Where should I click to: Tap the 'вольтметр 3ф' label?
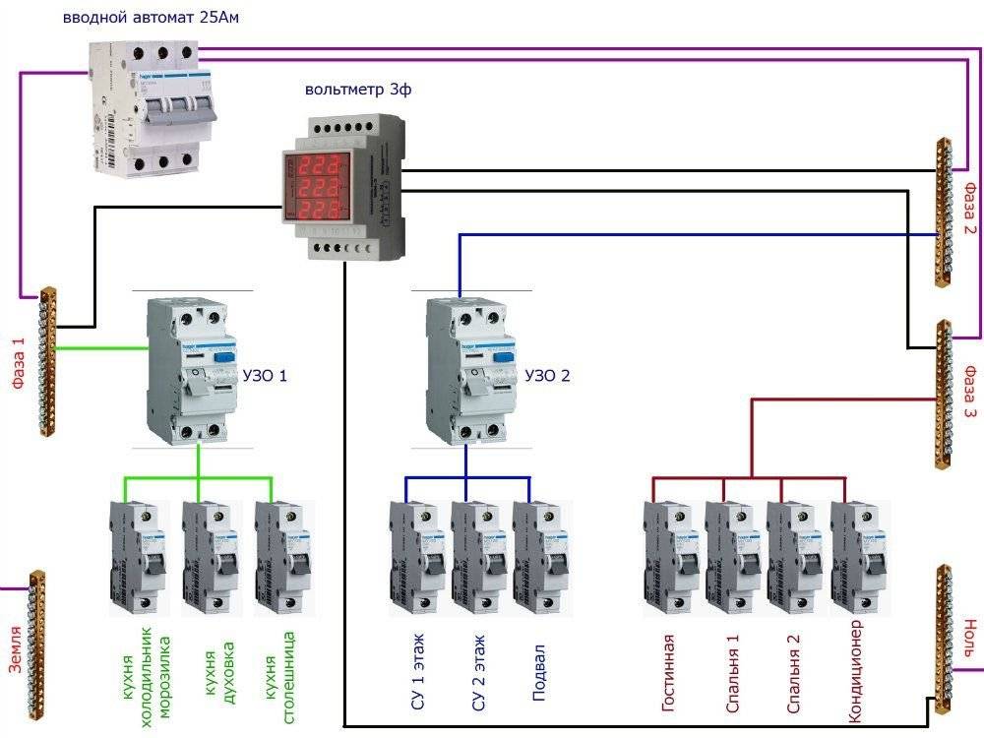358,90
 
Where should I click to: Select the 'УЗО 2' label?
547,375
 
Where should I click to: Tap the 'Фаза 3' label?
969,393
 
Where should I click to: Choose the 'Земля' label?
15,650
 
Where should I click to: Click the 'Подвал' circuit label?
539,673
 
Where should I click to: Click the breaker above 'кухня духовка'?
211,558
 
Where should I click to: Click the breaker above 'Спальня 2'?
794,558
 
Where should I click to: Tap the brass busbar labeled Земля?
36,646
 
